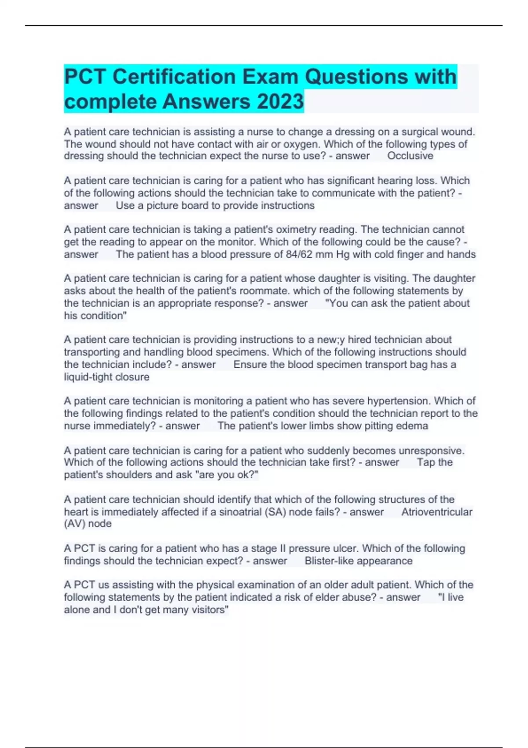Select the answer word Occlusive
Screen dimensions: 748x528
(x=410, y=156)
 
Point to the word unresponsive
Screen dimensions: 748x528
(x=431, y=451)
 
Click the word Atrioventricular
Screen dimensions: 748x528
(x=436, y=512)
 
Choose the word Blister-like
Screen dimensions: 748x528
(x=329, y=561)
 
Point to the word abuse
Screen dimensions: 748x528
(x=362, y=597)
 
